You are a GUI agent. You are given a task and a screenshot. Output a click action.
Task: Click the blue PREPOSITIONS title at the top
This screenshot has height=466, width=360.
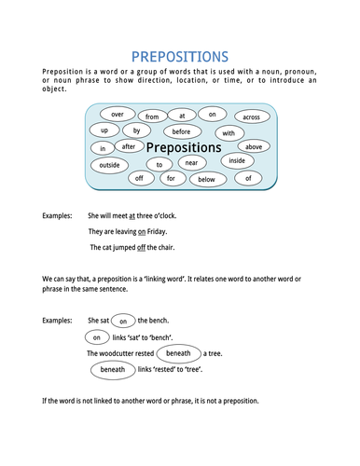click(x=180, y=58)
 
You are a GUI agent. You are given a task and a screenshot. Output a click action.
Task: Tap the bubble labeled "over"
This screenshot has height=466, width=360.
click(x=118, y=114)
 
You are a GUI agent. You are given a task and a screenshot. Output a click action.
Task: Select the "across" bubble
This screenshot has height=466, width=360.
click(x=250, y=116)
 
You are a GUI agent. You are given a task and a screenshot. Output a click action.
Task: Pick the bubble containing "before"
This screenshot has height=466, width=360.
click(x=181, y=131)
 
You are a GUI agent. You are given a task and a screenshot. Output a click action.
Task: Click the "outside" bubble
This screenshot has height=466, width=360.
click(x=110, y=164)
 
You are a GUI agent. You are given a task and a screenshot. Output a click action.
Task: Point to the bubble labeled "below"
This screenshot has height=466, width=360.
click(x=206, y=179)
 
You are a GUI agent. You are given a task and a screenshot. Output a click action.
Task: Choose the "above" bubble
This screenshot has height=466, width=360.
click(x=253, y=146)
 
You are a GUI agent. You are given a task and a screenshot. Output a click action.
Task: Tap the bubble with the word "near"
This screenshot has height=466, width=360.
click(x=191, y=163)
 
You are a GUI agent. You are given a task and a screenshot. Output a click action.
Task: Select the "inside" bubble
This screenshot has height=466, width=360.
click(x=237, y=161)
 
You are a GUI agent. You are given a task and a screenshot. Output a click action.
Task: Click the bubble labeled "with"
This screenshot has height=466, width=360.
click(x=228, y=133)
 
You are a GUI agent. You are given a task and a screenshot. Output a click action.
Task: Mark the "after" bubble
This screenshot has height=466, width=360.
click(x=130, y=146)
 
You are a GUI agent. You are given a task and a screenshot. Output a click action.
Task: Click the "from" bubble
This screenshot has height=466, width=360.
click(x=152, y=116)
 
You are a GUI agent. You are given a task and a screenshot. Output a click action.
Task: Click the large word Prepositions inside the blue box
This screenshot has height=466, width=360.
click(x=184, y=147)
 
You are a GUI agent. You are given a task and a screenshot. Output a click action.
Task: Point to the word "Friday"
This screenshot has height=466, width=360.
click(x=162, y=231)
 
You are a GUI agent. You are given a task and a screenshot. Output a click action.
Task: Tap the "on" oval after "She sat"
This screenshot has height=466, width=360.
click(x=122, y=321)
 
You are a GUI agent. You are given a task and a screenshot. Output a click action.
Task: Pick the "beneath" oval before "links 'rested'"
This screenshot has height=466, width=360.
click(x=112, y=370)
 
